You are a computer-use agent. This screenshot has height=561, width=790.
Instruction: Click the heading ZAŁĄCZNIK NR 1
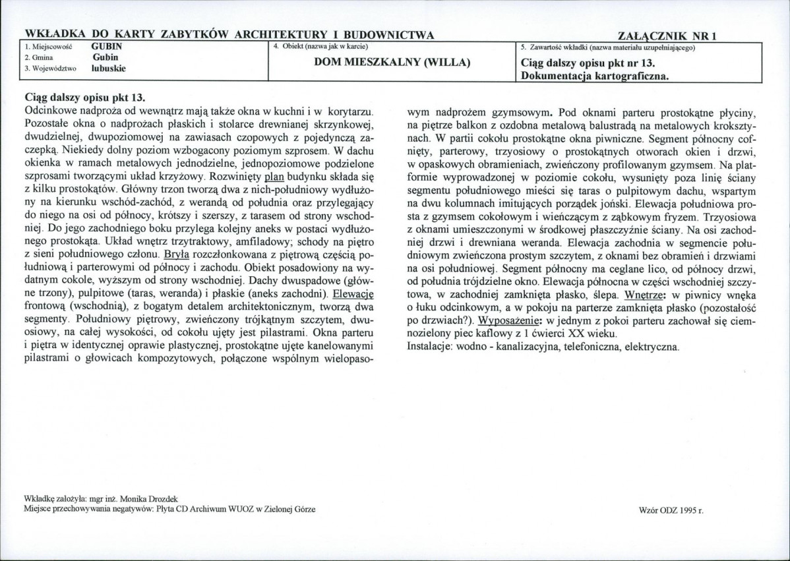[668, 36]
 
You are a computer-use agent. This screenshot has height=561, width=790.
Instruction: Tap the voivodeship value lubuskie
[109, 68]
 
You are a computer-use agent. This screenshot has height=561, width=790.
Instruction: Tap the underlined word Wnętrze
[646, 295]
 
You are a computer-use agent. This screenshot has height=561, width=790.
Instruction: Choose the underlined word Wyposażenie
[506, 320]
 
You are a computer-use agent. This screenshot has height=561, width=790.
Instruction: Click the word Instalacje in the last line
[431, 346]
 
